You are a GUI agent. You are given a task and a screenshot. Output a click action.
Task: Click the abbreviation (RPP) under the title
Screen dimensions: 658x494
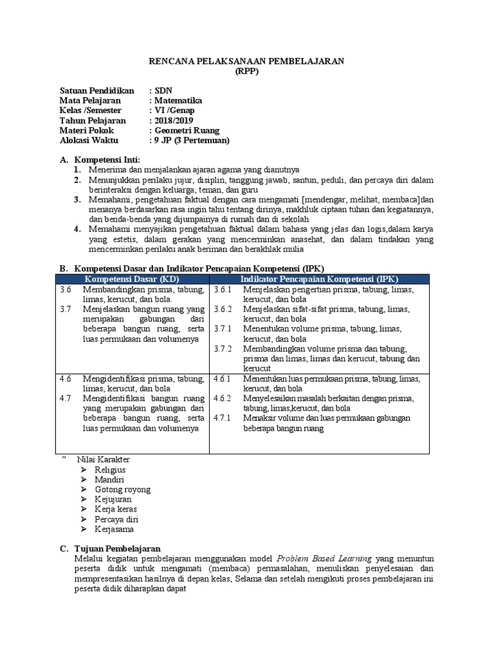tap(247, 71)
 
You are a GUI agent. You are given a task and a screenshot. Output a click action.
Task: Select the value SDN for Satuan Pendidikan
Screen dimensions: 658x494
tap(163, 91)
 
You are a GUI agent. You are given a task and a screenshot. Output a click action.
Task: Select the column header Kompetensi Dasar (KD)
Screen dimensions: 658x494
tap(133, 279)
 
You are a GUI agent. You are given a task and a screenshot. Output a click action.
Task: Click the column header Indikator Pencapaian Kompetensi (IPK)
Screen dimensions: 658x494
tap(319, 279)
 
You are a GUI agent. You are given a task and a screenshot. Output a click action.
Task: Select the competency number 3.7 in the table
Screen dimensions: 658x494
tap(65, 309)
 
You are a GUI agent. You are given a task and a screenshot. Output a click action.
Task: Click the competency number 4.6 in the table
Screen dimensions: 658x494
tap(65, 378)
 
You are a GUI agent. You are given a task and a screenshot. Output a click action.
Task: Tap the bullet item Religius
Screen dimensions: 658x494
tap(110, 470)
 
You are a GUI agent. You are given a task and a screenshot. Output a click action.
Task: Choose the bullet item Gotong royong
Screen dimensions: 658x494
tap(122, 490)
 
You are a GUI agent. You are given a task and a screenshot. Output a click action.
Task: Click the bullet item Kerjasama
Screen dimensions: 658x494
tap(114, 529)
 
